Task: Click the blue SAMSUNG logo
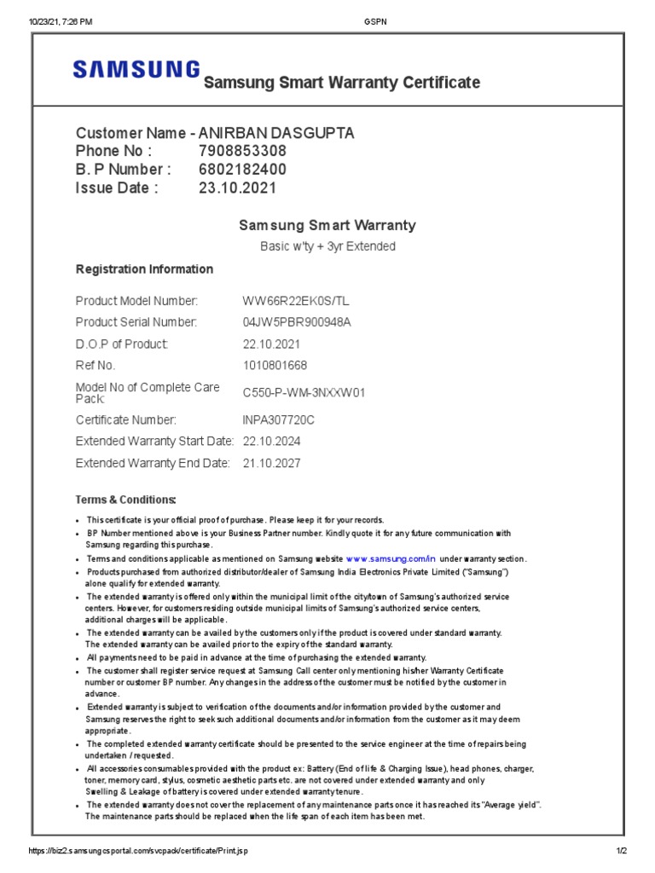137,70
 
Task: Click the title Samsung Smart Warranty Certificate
341,83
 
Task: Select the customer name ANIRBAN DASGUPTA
276,133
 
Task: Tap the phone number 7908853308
236,152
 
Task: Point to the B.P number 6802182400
242,170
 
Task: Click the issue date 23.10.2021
237,188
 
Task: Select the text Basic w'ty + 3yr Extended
327,246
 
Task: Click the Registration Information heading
144,269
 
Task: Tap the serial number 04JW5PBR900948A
297,322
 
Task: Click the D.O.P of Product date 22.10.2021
271,344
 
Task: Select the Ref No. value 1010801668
275,366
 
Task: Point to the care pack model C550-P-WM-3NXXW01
304,393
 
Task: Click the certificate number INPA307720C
279,419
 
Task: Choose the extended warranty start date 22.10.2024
271,442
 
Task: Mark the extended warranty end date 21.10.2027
271,464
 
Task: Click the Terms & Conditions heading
126,500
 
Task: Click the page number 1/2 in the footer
621,852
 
